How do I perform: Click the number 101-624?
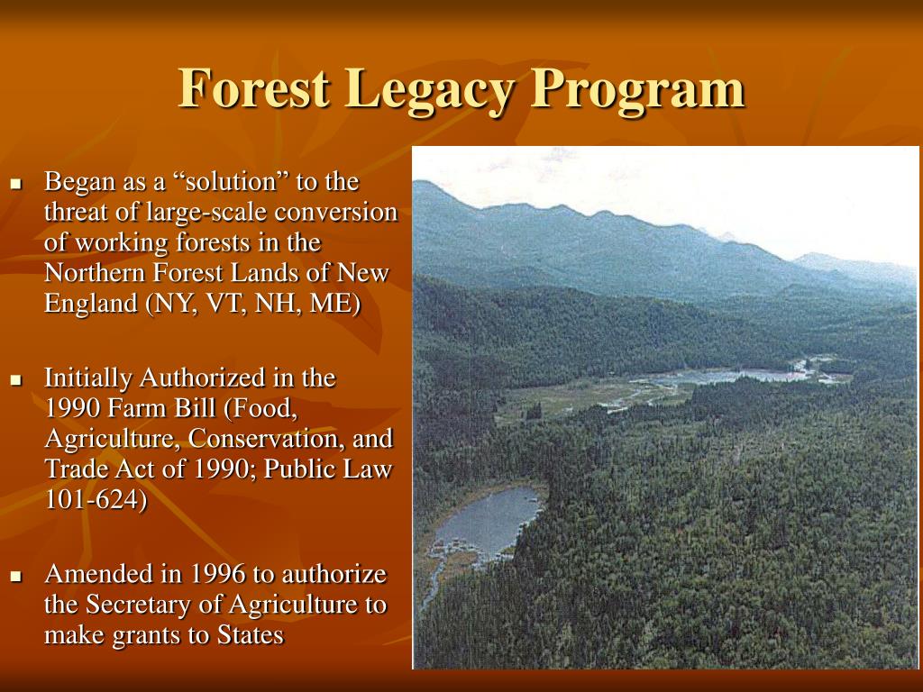95,500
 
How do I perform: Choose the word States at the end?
250,635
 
